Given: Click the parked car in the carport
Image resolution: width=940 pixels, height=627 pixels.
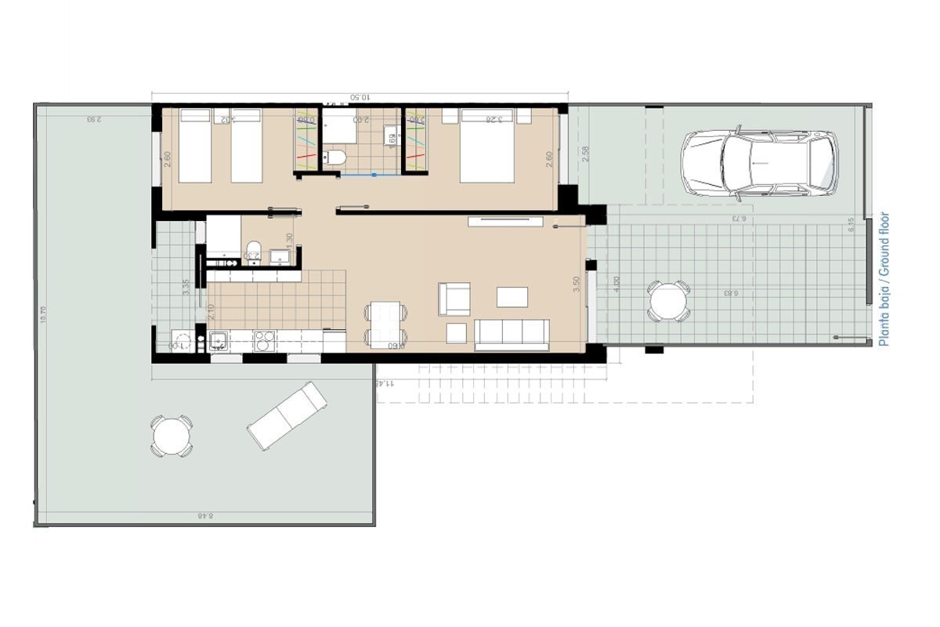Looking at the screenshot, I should [x=758, y=163].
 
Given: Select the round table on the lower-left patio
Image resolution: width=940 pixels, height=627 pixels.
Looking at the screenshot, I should [x=172, y=436].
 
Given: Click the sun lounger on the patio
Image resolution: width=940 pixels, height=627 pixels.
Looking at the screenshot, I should [x=287, y=415].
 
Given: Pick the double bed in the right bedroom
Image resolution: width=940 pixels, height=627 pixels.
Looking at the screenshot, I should [x=495, y=146].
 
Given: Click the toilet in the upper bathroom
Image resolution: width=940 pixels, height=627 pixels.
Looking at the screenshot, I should [x=334, y=158].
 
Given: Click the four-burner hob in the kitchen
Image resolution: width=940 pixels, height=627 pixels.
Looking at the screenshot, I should [x=265, y=341].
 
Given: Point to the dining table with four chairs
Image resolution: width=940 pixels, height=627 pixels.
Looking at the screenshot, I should [x=385, y=324].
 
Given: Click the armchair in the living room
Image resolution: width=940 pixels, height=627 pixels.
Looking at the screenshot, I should [x=454, y=299].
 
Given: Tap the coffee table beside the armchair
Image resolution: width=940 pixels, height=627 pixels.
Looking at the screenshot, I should [x=512, y=297].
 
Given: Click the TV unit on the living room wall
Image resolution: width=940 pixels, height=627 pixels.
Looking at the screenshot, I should [x=504, y=222].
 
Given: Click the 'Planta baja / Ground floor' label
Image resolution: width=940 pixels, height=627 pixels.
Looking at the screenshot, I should [x=884, y=279].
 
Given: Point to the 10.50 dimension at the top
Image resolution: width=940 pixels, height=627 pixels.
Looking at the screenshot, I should [x=360, y=97].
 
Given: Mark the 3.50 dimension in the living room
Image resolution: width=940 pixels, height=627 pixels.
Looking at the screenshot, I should [x=577, y=285].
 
